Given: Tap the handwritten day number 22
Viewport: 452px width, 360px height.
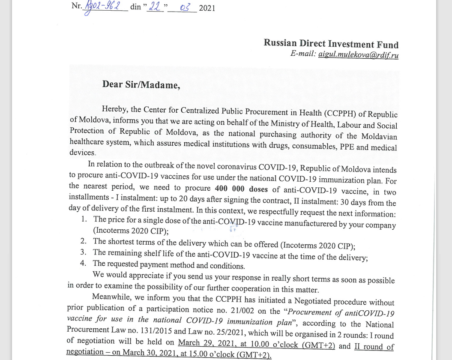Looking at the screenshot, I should pos(155,7).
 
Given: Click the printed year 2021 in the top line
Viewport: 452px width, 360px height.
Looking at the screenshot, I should pos(207,8).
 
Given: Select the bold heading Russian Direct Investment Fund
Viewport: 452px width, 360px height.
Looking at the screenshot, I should pos(331,44).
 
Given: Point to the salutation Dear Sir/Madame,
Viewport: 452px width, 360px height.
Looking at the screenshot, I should pos(141,84).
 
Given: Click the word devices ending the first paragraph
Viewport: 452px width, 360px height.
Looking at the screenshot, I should pos(82,153).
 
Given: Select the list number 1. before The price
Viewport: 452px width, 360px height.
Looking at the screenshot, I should pos(84,219).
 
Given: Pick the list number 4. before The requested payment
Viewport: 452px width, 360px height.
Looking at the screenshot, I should pos(84,263).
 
